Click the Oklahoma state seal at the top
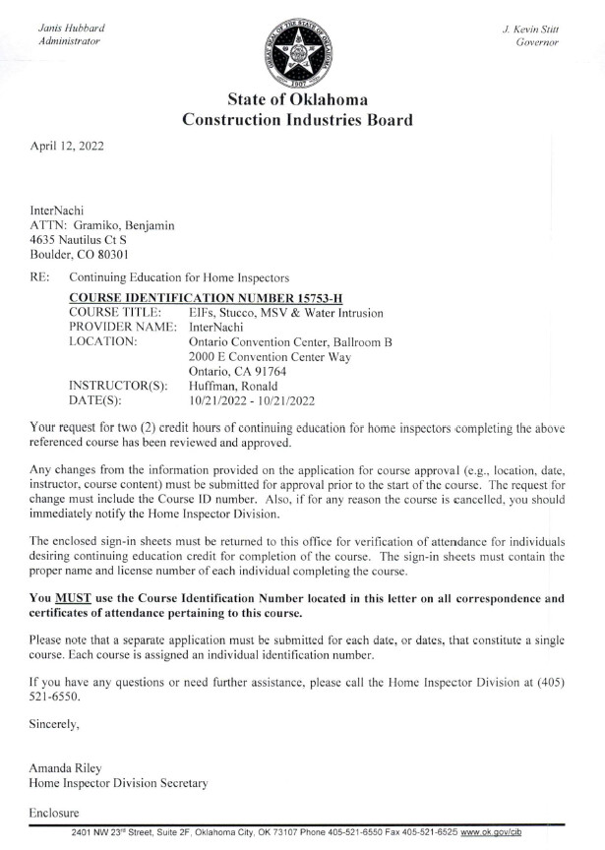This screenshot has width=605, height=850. tap(302, 48)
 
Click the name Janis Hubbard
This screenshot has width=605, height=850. tap(69, 29)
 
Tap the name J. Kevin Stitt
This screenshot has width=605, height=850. tap(530, 29)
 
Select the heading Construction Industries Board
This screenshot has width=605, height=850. tap(297, 121)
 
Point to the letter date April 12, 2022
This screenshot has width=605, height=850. tap(67, 147)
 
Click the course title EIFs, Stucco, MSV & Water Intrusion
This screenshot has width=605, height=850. tap(285, 313)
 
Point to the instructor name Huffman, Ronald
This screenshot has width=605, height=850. tap(235, 386)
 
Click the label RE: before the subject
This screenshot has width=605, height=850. tap(41, 278)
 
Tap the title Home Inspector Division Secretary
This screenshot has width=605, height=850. tap(118, 783)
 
